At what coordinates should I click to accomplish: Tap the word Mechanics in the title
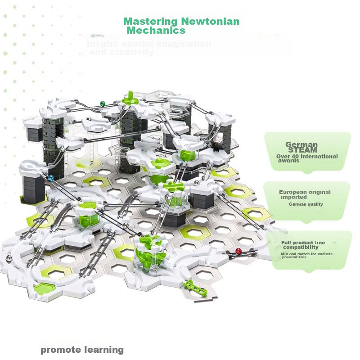(x=156, y=31)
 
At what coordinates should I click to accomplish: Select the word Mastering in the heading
(x=151, y=21)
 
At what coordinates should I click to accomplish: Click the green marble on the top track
(x=103, y=104)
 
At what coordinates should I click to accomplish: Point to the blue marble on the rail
(x=50, y=178)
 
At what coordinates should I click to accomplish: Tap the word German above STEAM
(x=301, y=144)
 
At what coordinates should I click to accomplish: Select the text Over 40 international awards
(x=306, y=158)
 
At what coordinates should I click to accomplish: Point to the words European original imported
(x=305, y=194)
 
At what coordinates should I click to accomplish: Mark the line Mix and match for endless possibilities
(x=306, y=256)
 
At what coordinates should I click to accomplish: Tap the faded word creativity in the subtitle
(x=121, y=52)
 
